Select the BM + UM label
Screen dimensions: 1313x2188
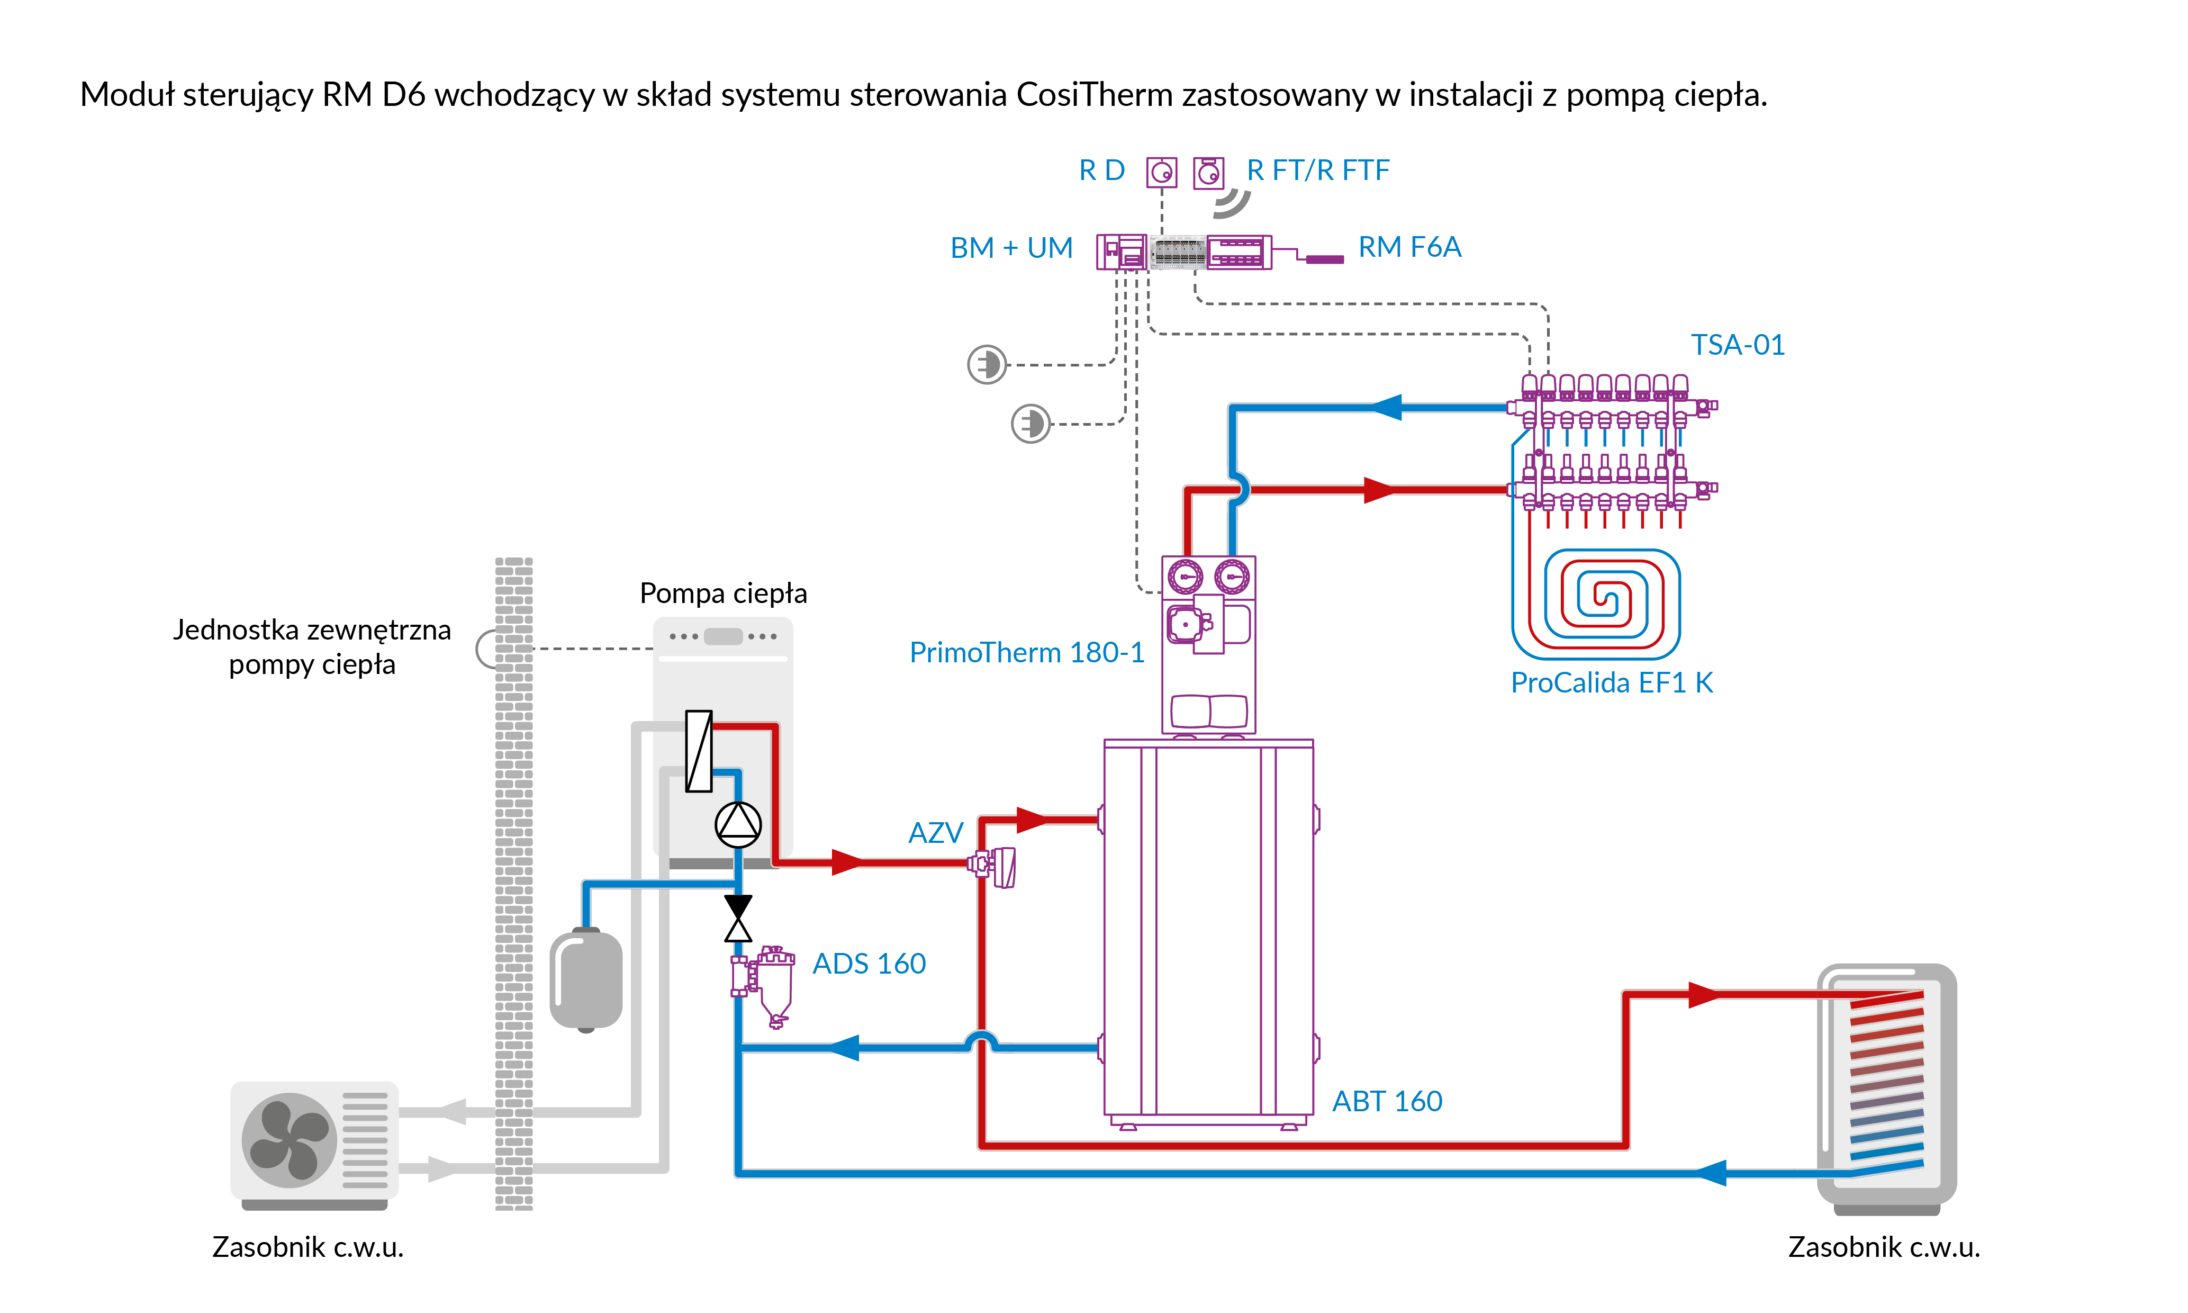tap(1011, 248)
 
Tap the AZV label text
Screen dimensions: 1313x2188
tap(935, 833)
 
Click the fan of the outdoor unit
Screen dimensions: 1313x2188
tap(288, 1139)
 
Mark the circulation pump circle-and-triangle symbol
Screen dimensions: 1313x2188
tap(738, 825)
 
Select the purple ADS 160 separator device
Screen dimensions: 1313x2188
tap(767, 984)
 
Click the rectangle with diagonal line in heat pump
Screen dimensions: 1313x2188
tap(699, 751)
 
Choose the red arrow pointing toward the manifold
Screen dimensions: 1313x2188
tap(1380, 489)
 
